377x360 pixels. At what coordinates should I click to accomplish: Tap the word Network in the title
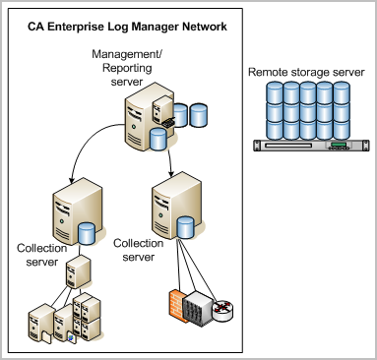(x=203, y=26)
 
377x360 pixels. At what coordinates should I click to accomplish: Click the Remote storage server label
(x=306, y=73)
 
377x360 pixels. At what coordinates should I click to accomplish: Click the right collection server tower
(x=164, y=209)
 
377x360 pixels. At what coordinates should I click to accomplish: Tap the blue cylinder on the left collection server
(x=87, y=235)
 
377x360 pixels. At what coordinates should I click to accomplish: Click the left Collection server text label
(x=41, y=256)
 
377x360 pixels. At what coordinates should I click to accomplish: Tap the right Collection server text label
(x=138, y=248)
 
